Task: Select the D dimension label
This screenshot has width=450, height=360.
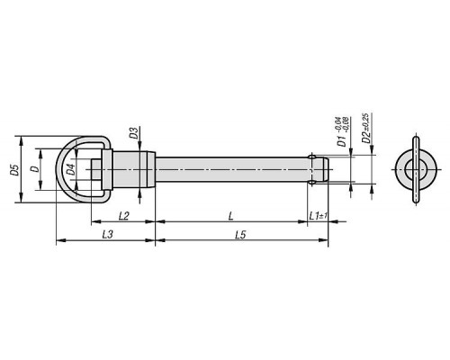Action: click(x=36, y=169)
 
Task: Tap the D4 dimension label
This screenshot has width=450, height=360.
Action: click(x=71, y=170)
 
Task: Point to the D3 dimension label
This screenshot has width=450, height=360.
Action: click(x=134, y=133)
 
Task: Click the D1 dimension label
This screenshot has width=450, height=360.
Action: click(x=342, y=140)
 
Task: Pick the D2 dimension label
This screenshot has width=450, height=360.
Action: click(x=366, y=138)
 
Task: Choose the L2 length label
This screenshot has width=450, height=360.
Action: click(x=124, y=216)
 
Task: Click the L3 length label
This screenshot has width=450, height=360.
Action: click(x=107, y=234)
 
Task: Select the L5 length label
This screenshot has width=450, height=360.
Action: click(x=240, y=235)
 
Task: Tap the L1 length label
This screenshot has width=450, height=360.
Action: click(x=315, y=215)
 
